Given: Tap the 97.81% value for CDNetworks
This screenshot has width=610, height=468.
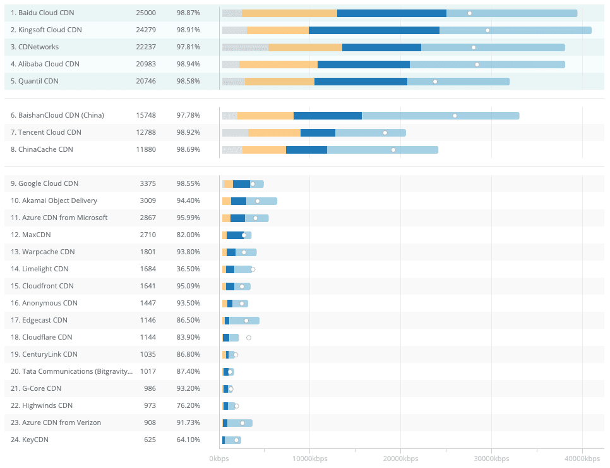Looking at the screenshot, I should pos(188,47).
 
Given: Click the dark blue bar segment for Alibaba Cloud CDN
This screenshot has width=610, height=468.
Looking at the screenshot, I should pos(364,64).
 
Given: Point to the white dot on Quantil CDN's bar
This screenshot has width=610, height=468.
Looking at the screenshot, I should pos(435,82).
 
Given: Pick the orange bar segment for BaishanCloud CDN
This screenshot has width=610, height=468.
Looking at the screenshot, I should pos(265,116).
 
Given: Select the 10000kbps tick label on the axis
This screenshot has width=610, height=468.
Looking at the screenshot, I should pos(309,459).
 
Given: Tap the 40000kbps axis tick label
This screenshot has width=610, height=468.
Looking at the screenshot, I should pos(582,459).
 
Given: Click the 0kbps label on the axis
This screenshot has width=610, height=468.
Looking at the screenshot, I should pos(219,459).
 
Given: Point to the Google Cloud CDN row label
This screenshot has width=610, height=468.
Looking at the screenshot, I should pos(44,183).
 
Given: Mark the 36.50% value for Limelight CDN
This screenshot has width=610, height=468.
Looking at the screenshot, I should pos(188,269).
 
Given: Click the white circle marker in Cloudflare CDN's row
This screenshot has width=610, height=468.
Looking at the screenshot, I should pos(249,338).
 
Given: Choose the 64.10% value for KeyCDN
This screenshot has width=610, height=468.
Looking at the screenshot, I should pos(188,440).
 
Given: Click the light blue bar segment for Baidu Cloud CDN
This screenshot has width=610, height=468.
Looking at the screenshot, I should pos(511,13).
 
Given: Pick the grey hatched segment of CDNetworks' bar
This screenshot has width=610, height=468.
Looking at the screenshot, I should pos(245,47).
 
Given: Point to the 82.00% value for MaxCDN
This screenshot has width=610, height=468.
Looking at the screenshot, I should pos(188,235).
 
